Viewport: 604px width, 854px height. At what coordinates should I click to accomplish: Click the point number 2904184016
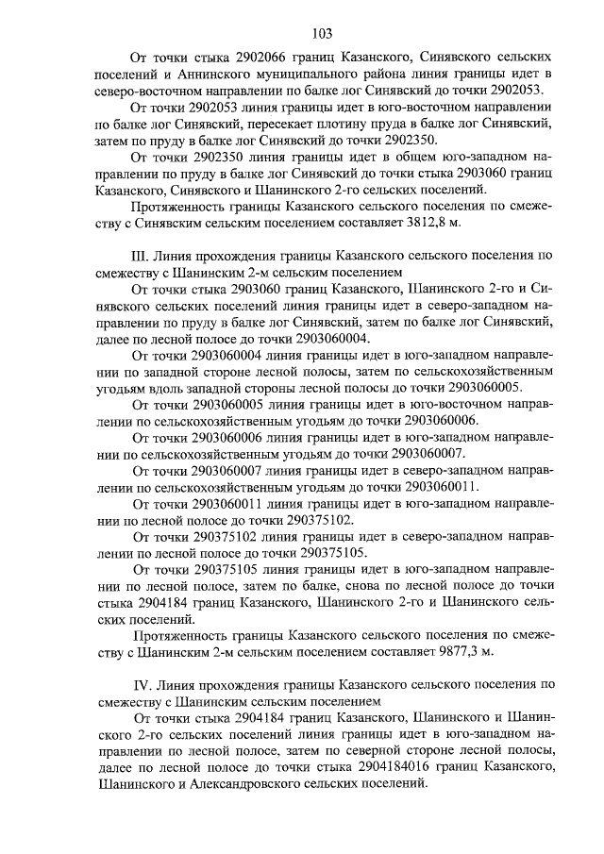pyautogui.click(x=393, y=765)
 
